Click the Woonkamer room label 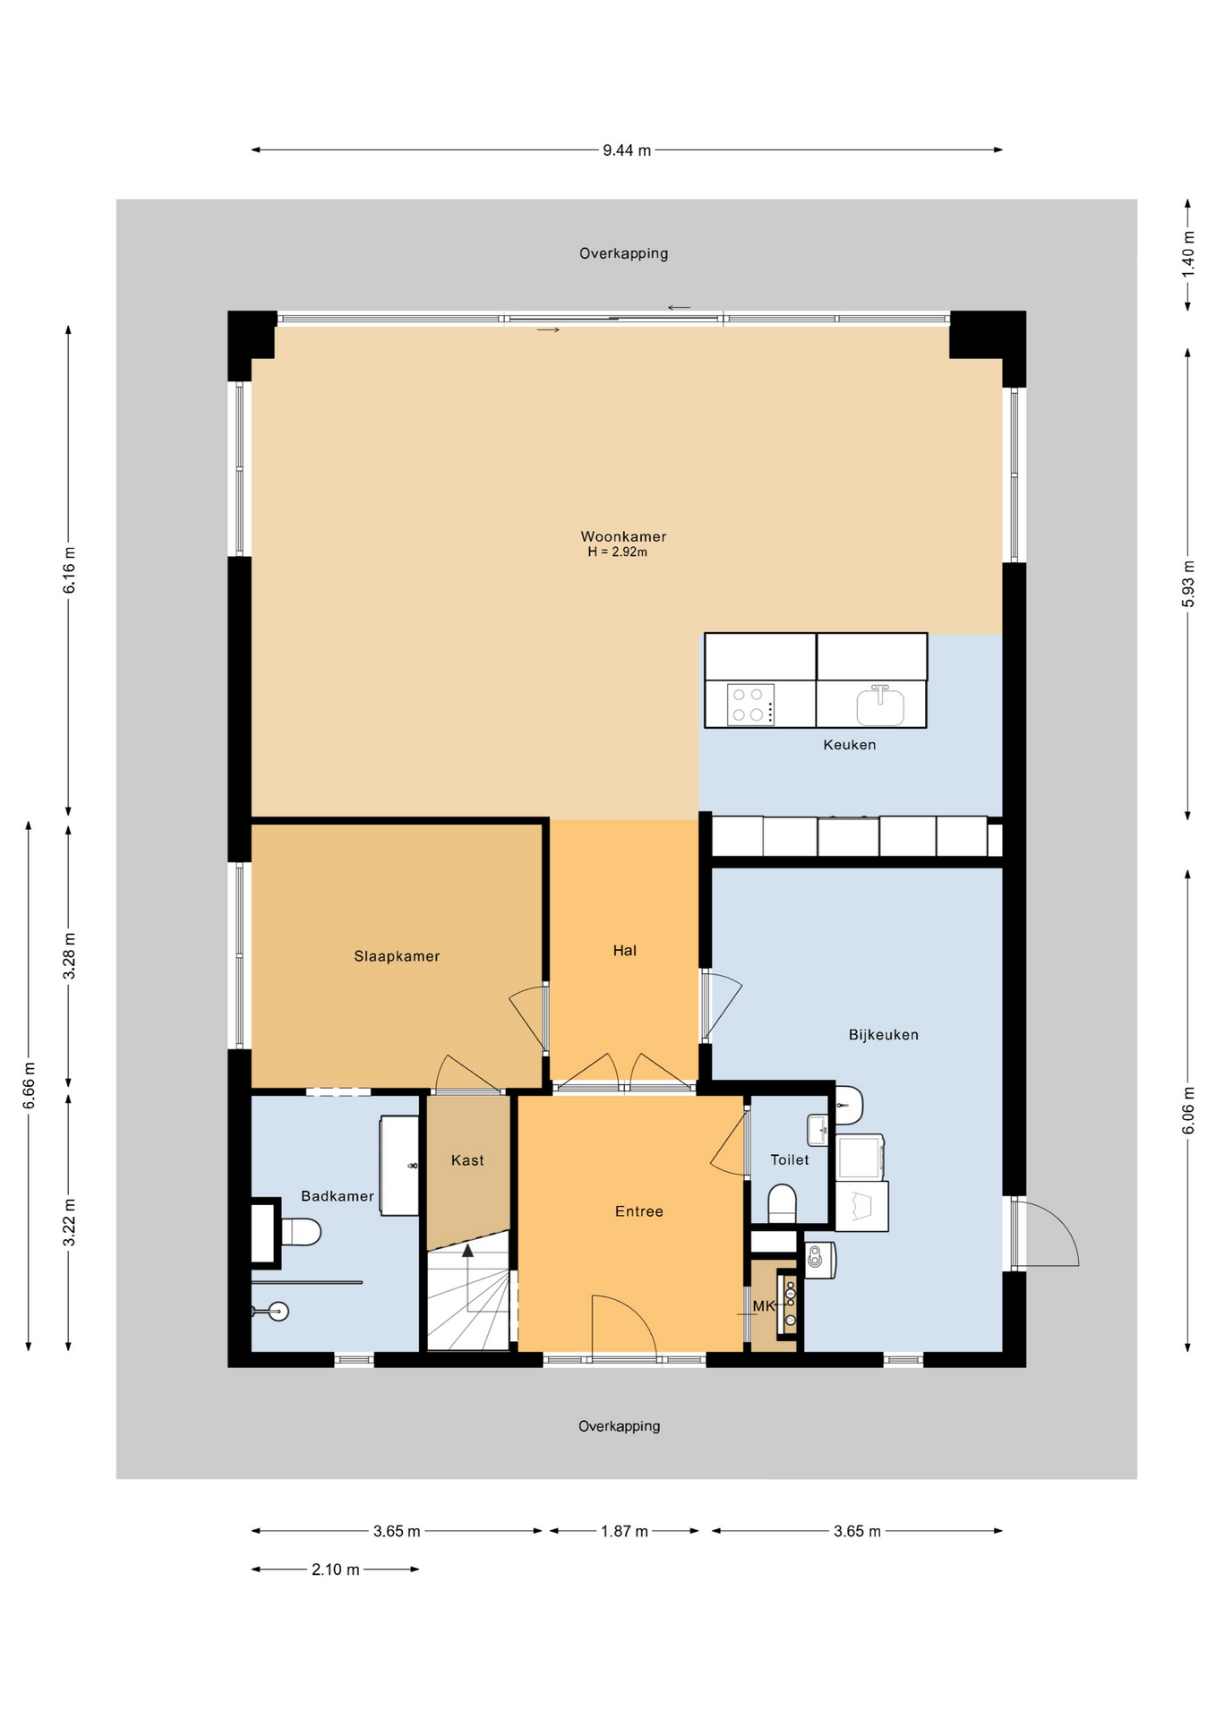(x=623, y=536)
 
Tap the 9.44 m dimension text (x=627, y=150)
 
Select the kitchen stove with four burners (x=750, y=705)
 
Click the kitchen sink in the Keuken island (x=880, y=706)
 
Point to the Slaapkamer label (x=397, y=956)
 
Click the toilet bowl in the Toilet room (x=782, y=1203)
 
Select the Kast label (x=467, y=1160)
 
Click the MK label (x=764, y=1306)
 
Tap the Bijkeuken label (x=884, y=1035)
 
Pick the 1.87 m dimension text (x=624, y=1531)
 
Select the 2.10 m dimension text (x=336, y=1569)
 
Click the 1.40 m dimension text (x=1188, y=253)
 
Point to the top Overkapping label (x=624, y=253)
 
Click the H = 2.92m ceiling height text (x=618, y=552)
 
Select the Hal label (x=625, y=951)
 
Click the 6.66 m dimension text (x=29, y=1085)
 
